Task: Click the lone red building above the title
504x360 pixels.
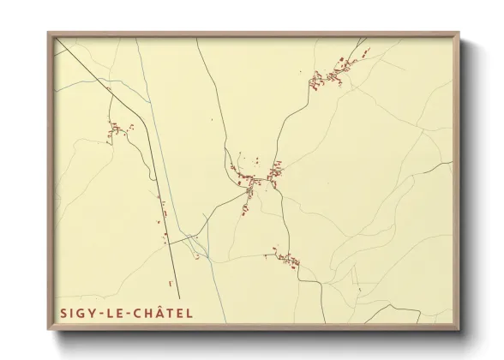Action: [170, 282]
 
